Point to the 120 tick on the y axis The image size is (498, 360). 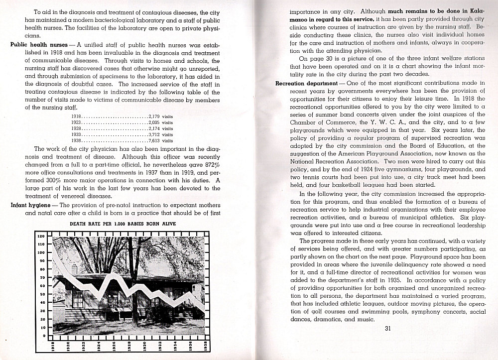tap(42, 237)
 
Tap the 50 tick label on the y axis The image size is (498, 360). tap(42, 294)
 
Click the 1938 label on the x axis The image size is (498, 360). tap(206, 347)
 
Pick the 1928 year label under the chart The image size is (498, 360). tap(129, 347)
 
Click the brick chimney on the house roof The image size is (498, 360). tap(75, 269)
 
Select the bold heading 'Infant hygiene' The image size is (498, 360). tap(31, 205)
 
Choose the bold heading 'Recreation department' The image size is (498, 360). tap(304, 83)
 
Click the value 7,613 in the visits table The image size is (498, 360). tap(154, 141)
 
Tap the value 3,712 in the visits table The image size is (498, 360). tap(154, 134)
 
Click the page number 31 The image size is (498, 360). tap(388, 328)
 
